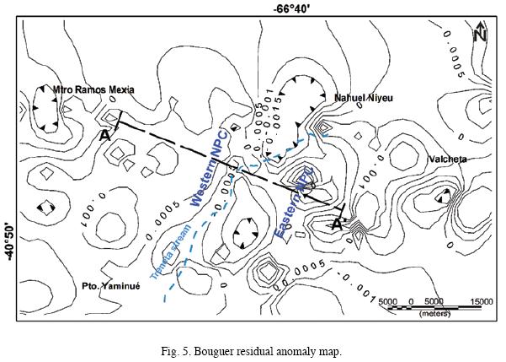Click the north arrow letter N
[479, 35]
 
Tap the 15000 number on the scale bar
[482, 300]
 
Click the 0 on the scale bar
[410, 300]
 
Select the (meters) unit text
[434, 315]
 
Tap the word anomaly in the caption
[298, 348]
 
